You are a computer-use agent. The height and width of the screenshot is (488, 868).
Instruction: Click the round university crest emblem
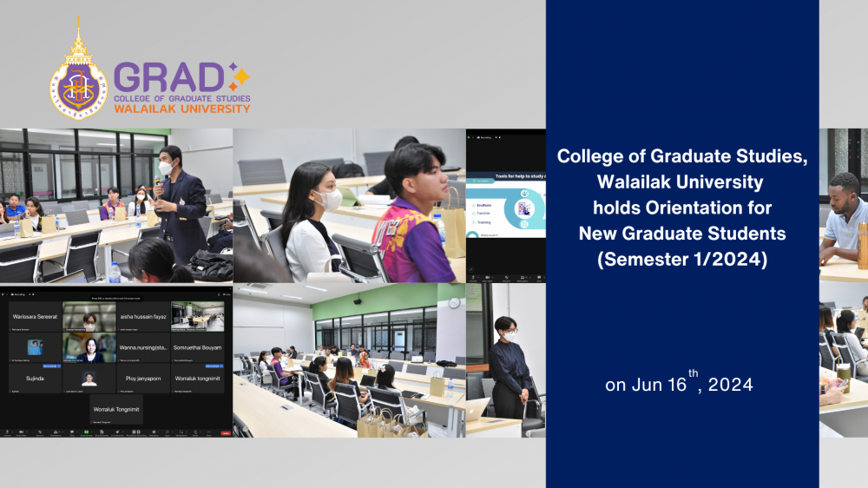coord(78,87)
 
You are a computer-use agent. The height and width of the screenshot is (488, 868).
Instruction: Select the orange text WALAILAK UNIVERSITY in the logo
coord(181,109)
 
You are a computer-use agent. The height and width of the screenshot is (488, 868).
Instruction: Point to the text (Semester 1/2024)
coord(682,259)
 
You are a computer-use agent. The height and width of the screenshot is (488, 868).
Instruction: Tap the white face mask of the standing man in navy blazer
coord(167,167)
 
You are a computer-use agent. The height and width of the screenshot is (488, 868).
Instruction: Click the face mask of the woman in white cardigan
coord(327,201)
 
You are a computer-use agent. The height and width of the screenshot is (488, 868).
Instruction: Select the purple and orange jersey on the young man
coord(411,239)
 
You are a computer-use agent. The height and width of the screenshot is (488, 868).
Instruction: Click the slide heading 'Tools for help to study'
coord(508,178)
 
